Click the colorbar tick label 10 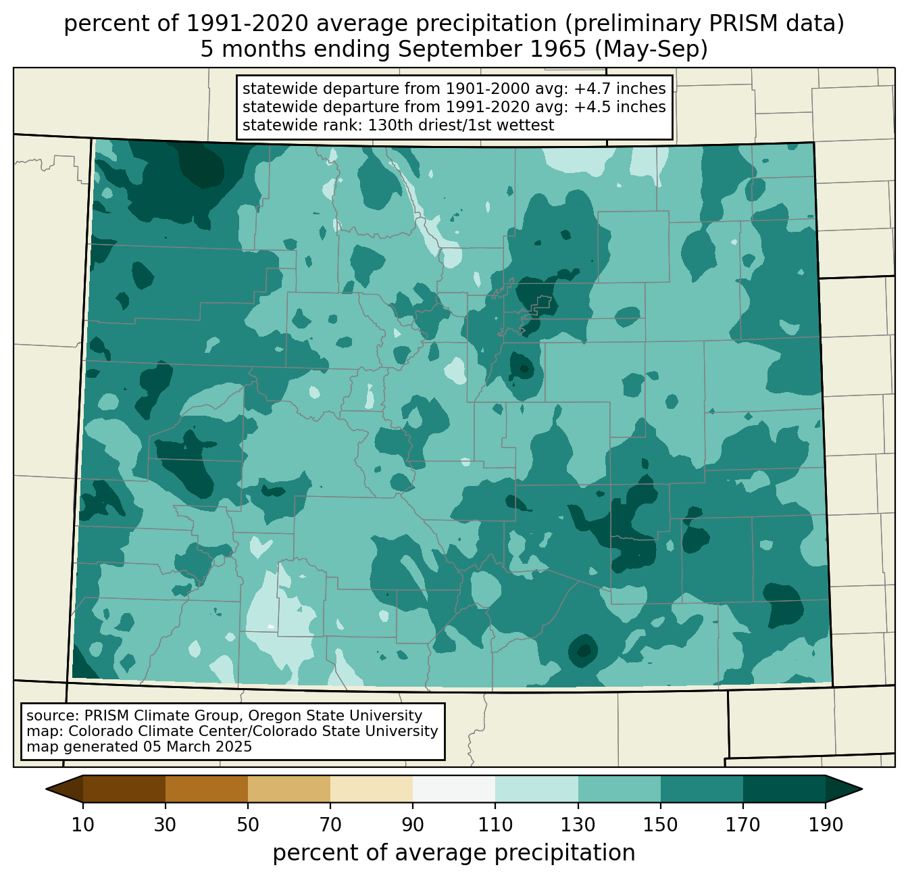pyautogui.click(x=82, y=825)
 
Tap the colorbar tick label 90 pyautogui.click(x=413, y=825)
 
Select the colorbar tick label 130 pyautogui.click(x=578, y=825)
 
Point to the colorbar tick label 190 pyautogui.click(x=826, y=825)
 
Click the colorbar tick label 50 pyautogui.click(x=248, y=825)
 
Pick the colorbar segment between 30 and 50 pyautogui.click(x=206, y=789)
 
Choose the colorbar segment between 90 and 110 pyautogui.click(x=454, y=789)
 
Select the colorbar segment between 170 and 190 pyautogui.click(x=784, y=789)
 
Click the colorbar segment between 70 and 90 pyautogui.click(x=372, y=789)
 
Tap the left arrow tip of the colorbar pyautogui.click(x=46, y=789)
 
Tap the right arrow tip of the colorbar pyautogui.click(x=862, y=789)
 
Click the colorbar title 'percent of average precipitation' pyautogui.click(x=453, y=853)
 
